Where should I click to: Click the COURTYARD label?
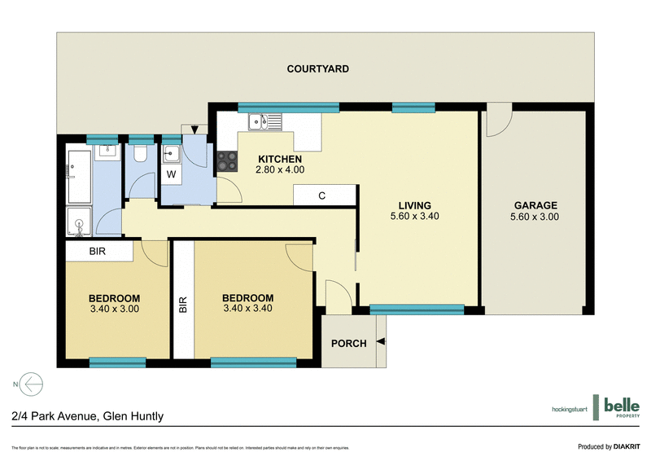click(317, 69)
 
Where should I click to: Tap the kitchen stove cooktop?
click(226, 162)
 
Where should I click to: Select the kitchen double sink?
click(265, 122)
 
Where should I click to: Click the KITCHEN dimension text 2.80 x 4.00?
click(280, 170)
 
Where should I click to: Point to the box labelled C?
click(323, 195)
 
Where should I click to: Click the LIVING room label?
click(413, 205)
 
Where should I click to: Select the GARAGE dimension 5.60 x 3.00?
click(535, 217)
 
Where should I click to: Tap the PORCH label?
click(348, 343)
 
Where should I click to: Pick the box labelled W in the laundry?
click(172, 173)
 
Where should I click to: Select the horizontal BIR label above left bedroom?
click(98, 252)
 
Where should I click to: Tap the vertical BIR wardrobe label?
click(182, 304)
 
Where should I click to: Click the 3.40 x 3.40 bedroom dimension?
click(247, 309)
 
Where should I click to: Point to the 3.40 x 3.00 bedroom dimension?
click(114, 309)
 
